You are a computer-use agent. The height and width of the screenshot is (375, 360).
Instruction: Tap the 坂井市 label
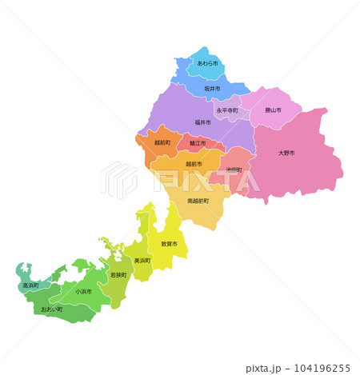point(211,88)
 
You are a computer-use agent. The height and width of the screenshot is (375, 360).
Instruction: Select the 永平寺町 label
point(227,110)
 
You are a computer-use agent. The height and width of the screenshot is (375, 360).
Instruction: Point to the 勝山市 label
point(272,110)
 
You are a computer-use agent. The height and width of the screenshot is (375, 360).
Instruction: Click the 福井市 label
point(202,122)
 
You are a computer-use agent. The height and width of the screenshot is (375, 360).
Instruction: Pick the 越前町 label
point(162,142)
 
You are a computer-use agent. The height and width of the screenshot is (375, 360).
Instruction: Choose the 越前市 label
point(194,164)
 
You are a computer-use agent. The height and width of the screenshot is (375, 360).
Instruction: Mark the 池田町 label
point(234,170)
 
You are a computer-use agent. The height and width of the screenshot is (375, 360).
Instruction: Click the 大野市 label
point(286,152)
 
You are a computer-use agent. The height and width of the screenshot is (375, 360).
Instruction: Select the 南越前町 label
point(198,201)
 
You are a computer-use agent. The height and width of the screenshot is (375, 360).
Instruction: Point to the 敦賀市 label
point(169,243)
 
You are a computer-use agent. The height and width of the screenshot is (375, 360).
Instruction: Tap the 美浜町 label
point(142,261)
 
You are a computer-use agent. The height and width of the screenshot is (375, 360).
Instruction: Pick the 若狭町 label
point(118,275)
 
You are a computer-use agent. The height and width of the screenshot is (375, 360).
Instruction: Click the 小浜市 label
point(83,291)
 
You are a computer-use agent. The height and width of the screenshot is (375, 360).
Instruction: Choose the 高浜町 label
point(30,285)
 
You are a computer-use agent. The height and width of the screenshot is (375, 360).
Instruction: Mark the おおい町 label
point(52,309)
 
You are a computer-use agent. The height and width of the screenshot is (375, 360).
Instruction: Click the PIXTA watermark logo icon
point(119,181)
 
